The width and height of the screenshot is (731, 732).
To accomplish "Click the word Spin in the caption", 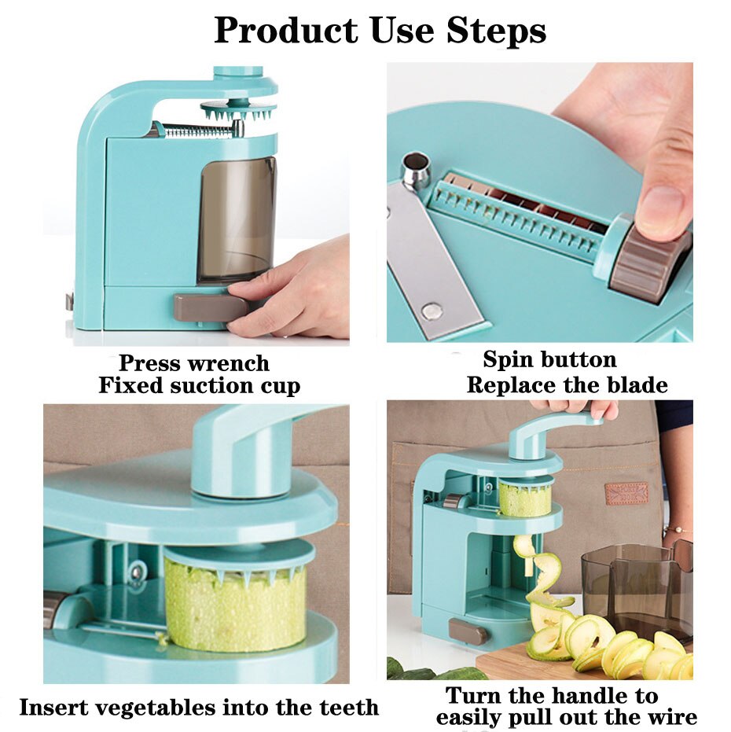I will click(x=511, y=361).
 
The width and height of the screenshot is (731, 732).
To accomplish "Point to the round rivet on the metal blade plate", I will click(x=431, y=310).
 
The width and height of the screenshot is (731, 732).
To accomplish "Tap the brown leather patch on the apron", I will click(x=626, y=493).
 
